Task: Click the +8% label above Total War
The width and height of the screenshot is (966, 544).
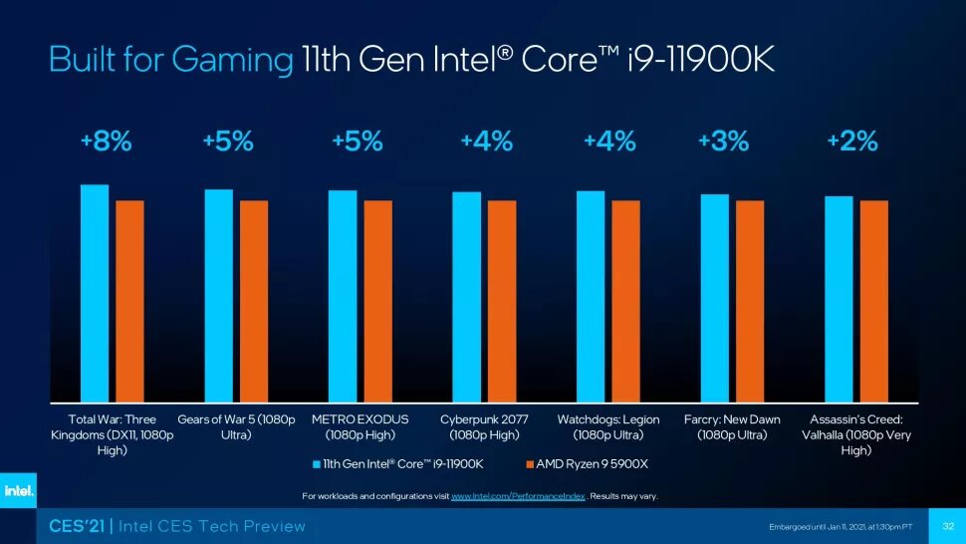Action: (107, 141)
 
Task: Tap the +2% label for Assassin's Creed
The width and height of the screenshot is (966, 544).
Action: (852, 141)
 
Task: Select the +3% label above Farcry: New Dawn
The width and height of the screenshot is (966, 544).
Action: (723, 141)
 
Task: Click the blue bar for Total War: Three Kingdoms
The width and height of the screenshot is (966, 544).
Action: (95, 293)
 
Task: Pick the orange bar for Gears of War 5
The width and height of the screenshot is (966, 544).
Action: (254, 301)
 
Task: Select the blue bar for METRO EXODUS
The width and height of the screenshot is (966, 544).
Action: (343, 296)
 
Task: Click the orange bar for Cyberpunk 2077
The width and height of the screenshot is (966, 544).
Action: (502, 301)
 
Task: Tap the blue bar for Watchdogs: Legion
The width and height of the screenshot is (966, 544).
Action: (591, 296)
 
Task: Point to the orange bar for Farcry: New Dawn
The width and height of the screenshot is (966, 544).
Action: (750, 301)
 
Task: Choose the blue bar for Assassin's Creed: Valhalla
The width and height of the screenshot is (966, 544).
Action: (839, 299)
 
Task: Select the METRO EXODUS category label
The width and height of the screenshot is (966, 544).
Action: (361, 427)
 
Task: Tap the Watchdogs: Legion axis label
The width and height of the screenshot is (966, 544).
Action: (608, 427)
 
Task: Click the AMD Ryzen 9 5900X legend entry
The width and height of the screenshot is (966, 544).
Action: (587, 464)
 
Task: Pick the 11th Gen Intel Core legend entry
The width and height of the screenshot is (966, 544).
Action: (398, 464)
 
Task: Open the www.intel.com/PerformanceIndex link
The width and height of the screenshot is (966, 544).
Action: (517, 495)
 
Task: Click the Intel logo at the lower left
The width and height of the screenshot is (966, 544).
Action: (18, 490)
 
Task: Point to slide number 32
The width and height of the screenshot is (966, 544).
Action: (947, 526)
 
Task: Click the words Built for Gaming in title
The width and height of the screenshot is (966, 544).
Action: (170, 61)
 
